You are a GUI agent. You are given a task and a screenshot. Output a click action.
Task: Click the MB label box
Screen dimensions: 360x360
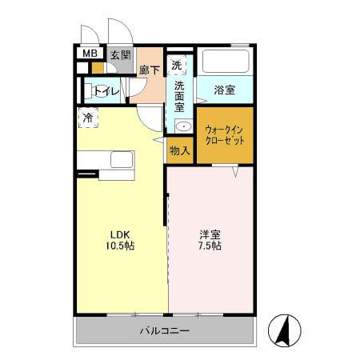coord(90,55)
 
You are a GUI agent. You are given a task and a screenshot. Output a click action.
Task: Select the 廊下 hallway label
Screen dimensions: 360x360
coord(150,70)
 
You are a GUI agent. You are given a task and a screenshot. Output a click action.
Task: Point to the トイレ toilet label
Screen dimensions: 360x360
coord(107,91)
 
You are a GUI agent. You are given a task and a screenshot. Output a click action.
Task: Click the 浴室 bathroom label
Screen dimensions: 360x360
coord(225,90)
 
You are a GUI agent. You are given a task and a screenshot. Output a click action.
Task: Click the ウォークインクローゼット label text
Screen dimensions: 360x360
coord(226,134)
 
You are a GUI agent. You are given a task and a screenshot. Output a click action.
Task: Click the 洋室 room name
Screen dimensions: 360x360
coord(210,234)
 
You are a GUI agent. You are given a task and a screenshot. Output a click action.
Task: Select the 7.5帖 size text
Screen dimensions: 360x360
coord(210,246)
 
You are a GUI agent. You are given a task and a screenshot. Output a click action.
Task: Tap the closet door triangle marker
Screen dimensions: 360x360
coord(236,170)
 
